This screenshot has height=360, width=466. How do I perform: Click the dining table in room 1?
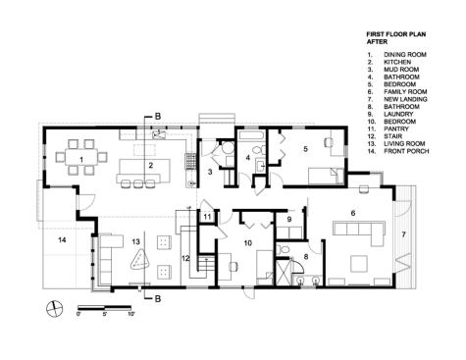81,158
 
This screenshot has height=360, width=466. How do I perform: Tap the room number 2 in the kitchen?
150,166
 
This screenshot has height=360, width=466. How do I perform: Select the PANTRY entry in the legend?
396,129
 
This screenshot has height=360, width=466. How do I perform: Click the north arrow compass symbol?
55,309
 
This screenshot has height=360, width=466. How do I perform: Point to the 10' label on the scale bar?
130,314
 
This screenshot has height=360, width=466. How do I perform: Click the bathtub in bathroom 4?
250,134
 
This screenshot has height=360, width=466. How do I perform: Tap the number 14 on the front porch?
62,240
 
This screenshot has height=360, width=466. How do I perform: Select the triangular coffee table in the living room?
140,260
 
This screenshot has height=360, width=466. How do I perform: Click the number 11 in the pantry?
207,217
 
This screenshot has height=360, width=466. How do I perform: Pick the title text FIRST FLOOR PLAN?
396,34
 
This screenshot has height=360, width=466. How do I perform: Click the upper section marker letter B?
158,116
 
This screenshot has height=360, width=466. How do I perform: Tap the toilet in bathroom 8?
284,250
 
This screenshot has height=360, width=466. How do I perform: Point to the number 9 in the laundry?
289,220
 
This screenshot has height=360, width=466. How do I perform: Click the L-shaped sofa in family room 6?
360,231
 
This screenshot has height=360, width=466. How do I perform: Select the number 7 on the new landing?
403,234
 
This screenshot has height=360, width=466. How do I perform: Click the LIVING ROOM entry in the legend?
404,143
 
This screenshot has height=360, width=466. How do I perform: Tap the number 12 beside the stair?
185,258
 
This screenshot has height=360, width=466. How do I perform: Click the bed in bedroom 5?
327,177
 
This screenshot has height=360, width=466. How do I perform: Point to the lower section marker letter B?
158,298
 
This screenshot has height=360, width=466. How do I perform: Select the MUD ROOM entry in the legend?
401,70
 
